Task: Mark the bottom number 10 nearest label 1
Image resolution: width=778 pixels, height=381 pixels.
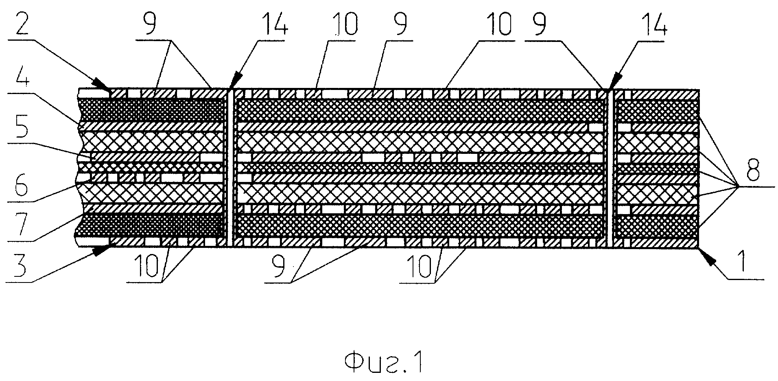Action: (x=419, y=268)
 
